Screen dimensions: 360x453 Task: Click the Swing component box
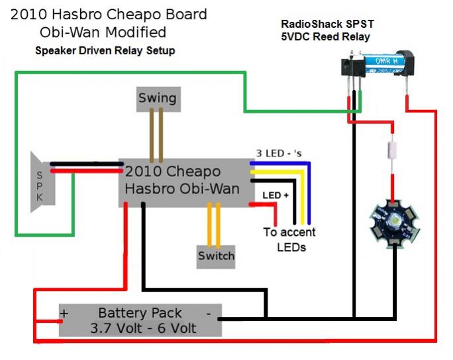158,99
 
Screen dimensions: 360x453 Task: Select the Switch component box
216,256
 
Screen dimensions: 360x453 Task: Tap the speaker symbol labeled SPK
41,182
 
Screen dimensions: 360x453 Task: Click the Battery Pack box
140,320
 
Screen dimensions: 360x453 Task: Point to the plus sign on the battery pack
64,313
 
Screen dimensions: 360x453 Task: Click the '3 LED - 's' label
283,153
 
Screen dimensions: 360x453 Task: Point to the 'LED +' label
276,196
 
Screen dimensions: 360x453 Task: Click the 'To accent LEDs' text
289,240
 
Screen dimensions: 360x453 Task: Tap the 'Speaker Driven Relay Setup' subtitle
105,51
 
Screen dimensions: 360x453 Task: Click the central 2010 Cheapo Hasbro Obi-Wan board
183,180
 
